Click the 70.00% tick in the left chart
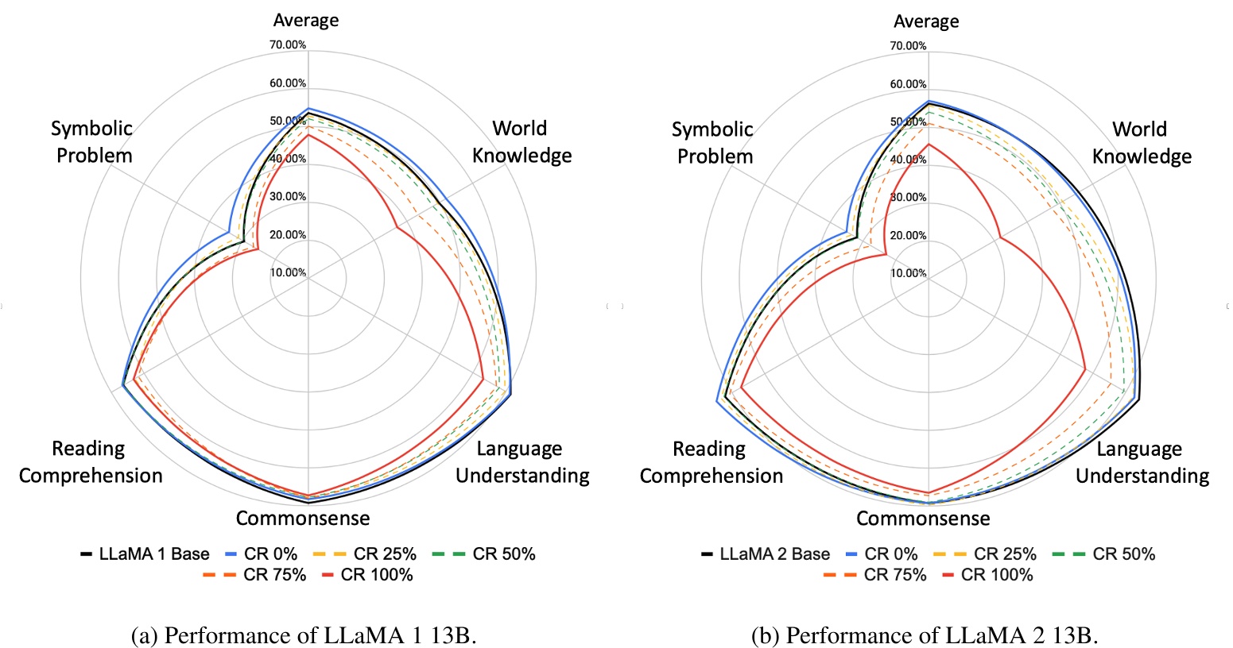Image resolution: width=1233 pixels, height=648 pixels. pyautogui.click(x=288, y=45)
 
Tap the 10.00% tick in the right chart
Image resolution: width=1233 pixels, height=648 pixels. pyautogui.click(x=908, y=273)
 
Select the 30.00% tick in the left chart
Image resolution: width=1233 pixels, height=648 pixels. pyautogui.click(x=288, y=197)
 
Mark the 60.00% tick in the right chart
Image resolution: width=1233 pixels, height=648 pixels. pyautogui.click(x=908, y=84)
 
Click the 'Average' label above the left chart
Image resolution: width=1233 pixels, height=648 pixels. pyautogui.click(x=306, y=20)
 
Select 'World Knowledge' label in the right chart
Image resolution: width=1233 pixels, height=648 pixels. pyautogui.click(x=1142, y=142)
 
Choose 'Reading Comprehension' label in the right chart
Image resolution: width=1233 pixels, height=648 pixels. pyautogui.click(x=711, y=462)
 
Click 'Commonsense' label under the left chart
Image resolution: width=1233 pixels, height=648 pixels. pyautogui.click(x=303, y=519)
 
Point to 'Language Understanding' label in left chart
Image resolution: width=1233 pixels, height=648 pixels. pyautogui.click(x=522, y=462)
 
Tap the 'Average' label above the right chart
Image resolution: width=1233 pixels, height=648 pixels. pyautogui.click(x=926, y=21)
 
